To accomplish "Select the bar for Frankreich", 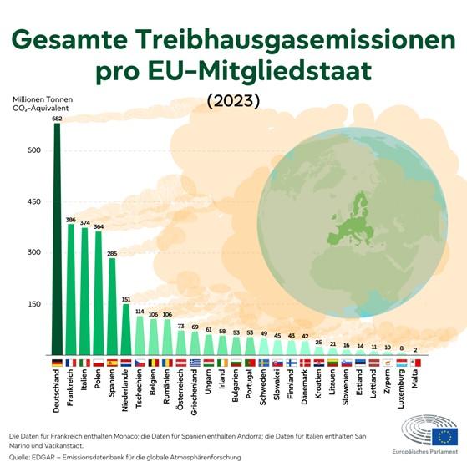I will pos(70,288).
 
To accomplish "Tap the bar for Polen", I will pos(98,292).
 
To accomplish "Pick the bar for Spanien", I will pos(112,306).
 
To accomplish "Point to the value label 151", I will pos(126,298).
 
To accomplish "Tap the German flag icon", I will pos(57,363).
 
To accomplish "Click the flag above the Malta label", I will pos(417,363).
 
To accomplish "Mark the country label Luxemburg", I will pos(403,393).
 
